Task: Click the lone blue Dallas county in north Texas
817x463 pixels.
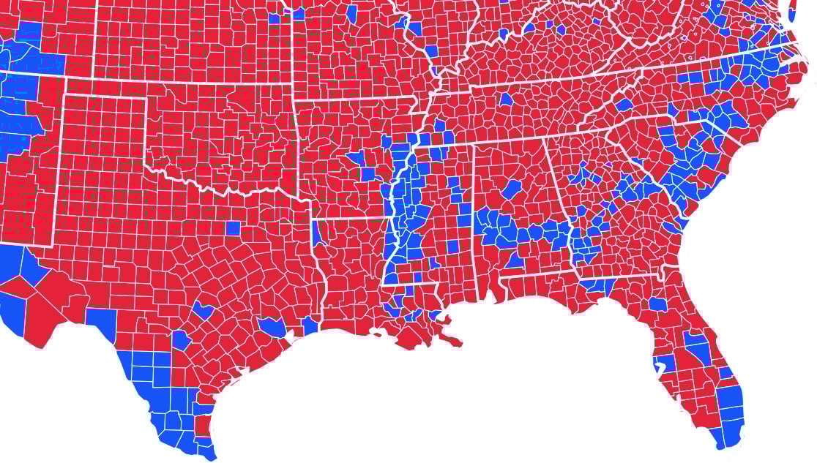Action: coord(233,227)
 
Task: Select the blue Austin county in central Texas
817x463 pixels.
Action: coord(203,311)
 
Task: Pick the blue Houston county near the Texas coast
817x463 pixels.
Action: coord(272,327)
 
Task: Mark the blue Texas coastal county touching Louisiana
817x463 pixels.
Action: coord(309,325)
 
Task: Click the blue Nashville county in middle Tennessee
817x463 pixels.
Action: coord(505,99)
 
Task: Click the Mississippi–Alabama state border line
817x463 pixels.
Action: coord(475,219)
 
